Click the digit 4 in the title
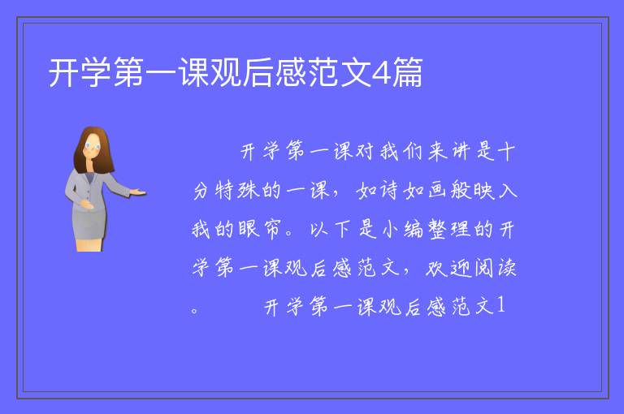coord(381,73)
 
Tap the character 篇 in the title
coord(407,72)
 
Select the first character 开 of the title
coord(63,72)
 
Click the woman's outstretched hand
coord(137,192)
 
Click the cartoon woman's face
coord(93,147)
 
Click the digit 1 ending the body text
coord(500,306)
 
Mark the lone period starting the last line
coord(194,310)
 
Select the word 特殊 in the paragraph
coord(237,190)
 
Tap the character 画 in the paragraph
coord(437,190)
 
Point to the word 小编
coord(401,229)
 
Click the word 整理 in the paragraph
coord(448,229)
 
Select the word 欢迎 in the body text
coord(448,268)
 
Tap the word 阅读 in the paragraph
coord(496,268)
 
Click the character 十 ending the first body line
coord(506,152)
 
